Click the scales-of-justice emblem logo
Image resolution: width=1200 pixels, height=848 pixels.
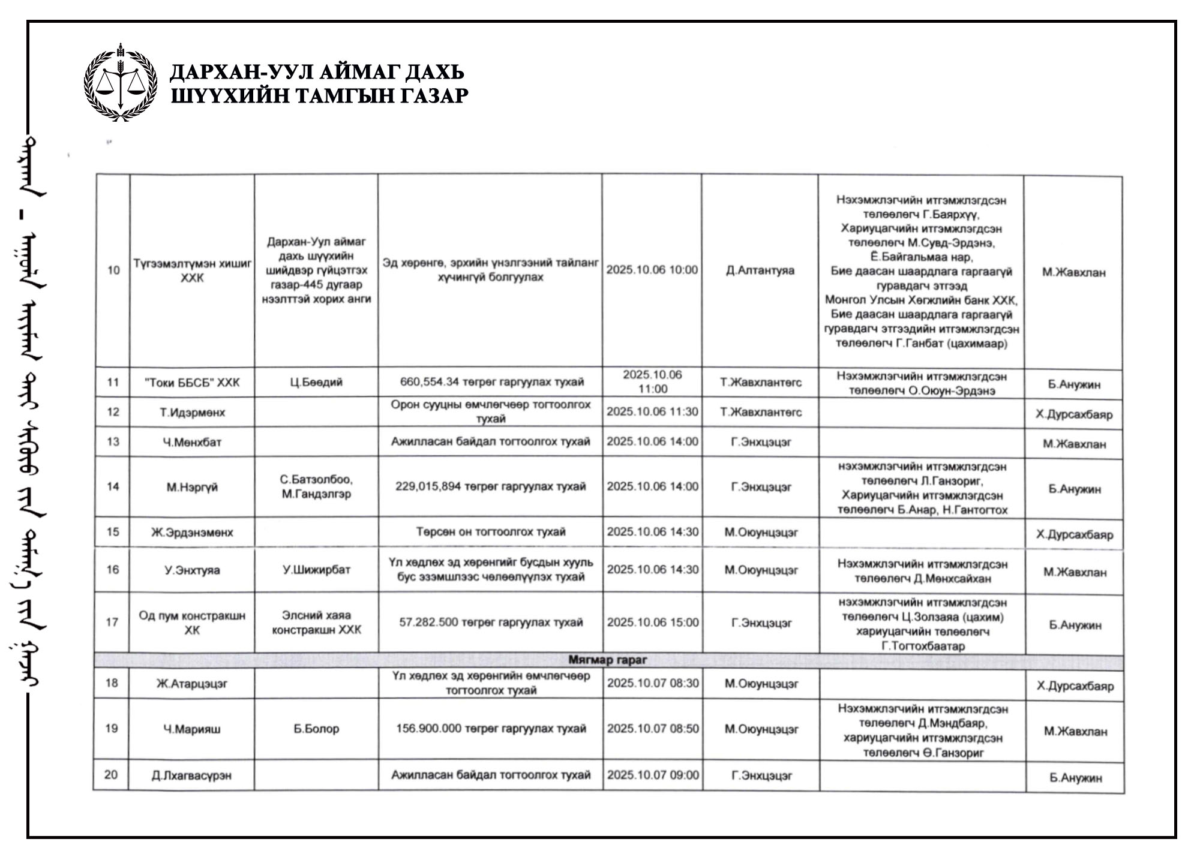point(121,83)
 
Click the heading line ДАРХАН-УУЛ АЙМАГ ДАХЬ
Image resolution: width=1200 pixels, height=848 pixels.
point(317,72)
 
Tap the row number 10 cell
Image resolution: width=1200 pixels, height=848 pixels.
point(113,270)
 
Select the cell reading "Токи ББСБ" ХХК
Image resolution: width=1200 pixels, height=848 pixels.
point(192,383)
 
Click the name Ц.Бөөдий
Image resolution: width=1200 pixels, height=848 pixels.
point(316,383)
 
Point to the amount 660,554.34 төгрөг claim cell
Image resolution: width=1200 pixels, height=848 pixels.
point(491,382)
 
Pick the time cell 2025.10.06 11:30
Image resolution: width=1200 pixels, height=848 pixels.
point(652,412)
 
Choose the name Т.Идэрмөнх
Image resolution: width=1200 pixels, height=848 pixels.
point(192,413)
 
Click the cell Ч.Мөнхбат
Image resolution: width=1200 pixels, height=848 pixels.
point(192,443)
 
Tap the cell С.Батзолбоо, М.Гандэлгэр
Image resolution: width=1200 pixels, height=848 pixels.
point(316,487)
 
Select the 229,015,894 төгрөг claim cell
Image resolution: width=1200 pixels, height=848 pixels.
point(490,486)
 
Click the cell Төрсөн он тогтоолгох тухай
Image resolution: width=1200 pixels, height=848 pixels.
point(491,532)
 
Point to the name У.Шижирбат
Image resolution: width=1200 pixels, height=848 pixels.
point(316,570)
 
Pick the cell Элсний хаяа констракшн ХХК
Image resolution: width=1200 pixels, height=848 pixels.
point(316,623)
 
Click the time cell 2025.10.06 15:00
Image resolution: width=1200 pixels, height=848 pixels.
point(652,623)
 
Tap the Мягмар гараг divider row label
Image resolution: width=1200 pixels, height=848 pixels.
point(607,660)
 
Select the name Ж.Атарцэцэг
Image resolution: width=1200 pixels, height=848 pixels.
point(192,684)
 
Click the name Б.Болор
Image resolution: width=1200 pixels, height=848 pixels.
point(316,729)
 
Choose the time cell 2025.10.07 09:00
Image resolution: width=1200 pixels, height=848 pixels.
point(653,775)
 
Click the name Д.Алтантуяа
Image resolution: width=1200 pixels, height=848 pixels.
point(760,270)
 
